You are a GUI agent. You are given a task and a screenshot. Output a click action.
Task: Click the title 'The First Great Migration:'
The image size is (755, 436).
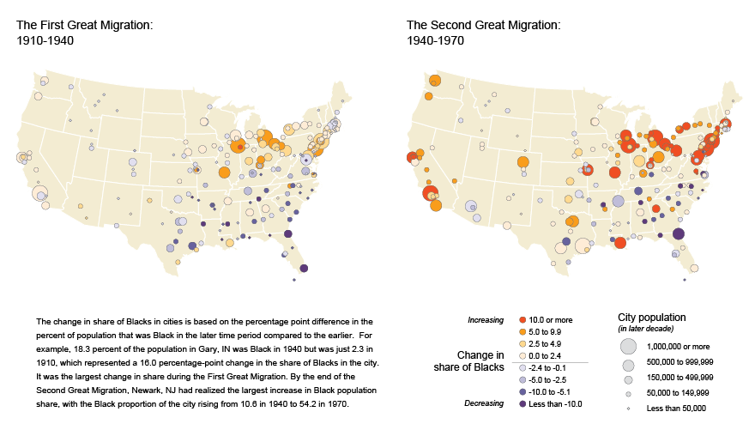pyautogui.click(x=84, y=25)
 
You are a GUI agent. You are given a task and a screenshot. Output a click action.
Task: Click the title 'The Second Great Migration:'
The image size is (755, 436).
pyautogui.click(x=483, y=25)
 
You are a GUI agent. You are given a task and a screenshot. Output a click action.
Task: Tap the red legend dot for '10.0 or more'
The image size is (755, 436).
pyautogui.click(x=523, y=320)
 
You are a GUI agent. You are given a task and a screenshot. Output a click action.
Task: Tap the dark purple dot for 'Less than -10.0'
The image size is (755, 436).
pyautogui.click(x=523, y=403)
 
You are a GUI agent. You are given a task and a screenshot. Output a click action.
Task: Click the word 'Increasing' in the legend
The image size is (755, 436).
pyautogui.click(x=486, y=320)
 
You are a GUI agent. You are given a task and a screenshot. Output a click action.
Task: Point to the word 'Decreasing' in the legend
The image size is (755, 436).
pyautogui.click(x=485, y=403)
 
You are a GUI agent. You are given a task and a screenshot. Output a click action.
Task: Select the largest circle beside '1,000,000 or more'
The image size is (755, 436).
pyautogui.click(x=628, y=345)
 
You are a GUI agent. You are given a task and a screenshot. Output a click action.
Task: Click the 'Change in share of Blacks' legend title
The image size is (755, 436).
pyautogui.click(x=468, y=361)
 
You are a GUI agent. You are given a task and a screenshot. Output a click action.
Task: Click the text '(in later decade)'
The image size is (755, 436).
pyautogui.click(x=646, y=329)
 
